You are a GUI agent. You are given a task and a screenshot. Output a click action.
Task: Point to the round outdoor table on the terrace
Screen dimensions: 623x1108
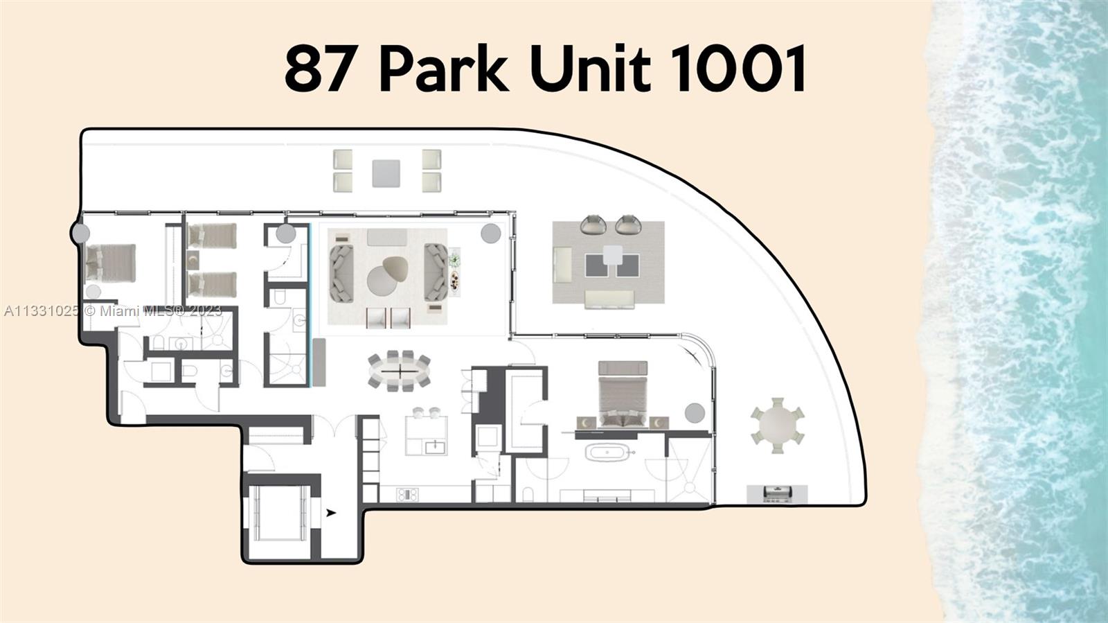[778, 425]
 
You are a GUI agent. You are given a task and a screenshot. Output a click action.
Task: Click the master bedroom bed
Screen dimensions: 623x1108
[622, 393]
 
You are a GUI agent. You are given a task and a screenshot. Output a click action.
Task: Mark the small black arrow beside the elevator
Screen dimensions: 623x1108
[331, 513]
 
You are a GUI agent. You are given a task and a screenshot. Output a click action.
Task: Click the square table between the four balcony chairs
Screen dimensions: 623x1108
[386, 173]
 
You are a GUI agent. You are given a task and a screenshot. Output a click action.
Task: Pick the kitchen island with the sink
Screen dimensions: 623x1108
[427, 436]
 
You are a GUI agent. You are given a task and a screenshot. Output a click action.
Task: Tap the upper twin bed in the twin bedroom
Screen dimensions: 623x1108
[212, 236]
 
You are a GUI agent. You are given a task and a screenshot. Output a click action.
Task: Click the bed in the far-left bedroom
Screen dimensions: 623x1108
[109, 263]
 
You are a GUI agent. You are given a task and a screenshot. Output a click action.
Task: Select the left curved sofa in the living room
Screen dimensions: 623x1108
[341, 270]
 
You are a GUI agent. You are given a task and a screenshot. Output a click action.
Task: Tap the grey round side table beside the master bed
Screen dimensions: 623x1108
[695, 413]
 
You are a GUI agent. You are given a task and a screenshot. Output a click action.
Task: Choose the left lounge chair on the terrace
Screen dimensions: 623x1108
[593, 225]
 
